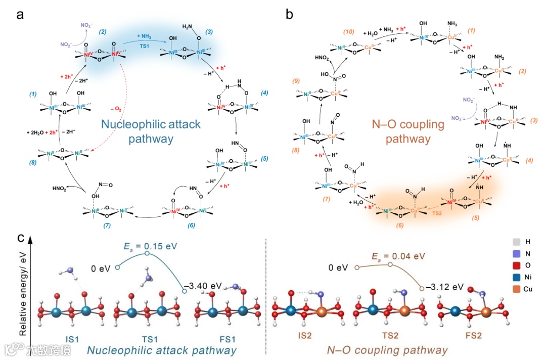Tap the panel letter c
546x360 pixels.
(20, 238)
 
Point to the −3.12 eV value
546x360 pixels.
(444, 287)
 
